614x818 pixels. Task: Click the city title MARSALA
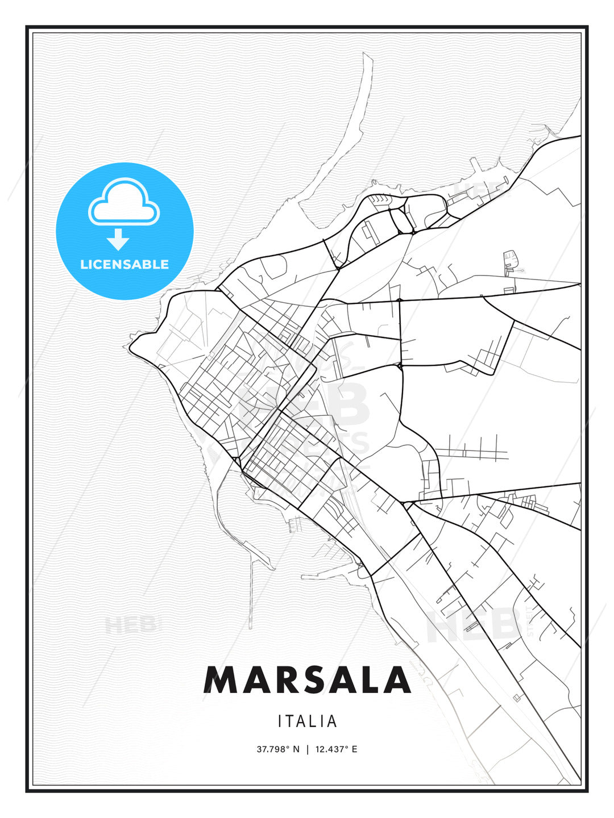click(x=307, y=680)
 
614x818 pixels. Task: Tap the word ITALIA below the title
click(x=308, y=721)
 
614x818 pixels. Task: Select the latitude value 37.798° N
click(x=278, y=749)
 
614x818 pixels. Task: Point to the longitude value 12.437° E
click(x=336, y=749)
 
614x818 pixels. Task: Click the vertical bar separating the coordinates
click(x=308, y=749)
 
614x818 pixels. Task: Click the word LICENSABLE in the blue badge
click(x=125, y=264)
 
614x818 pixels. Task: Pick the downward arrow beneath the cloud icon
click(x=119, y=239)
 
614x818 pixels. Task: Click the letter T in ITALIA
click(x=291, y=721)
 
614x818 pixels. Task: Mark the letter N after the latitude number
click(x=296, y=749)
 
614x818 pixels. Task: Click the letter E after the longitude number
click(x=354, y=749)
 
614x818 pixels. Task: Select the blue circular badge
click(x=125, y=231)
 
